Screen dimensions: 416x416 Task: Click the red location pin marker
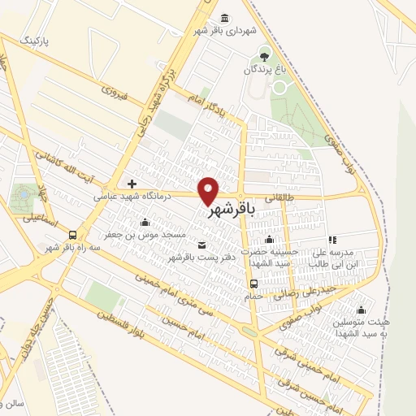(x=209, y=190)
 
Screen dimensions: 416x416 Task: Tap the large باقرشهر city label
(x=232, y=210)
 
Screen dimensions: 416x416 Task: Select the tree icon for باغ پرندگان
(x=264, y=55)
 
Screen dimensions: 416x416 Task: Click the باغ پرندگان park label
(x=264, y=71)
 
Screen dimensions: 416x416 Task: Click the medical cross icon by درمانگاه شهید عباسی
(x=132, y=184)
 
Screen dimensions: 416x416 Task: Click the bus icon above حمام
(x=254, y=284)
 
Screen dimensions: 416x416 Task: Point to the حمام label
(x=253, y=296)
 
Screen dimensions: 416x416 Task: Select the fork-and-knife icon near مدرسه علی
(x=331, y=240)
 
